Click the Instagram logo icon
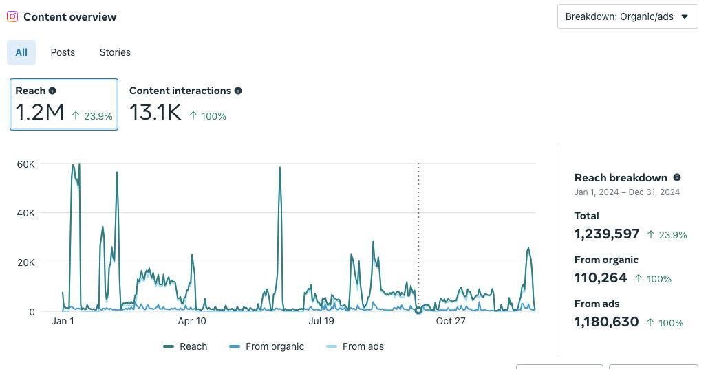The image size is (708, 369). coord(12,16)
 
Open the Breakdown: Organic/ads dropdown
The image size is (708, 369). coord(627,16)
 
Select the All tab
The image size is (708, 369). coord(21,52)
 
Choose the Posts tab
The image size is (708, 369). coord(63,52)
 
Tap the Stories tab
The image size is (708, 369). coord(115,52)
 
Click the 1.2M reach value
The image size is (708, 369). coord(40,112)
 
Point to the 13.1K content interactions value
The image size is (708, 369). coord(155,112)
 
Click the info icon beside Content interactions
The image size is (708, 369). coord(238,91)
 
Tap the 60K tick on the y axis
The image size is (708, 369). coord(26,164)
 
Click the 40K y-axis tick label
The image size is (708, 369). coord(26,213)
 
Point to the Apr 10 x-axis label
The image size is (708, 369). coord(192,321)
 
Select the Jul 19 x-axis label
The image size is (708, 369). coord(321,321)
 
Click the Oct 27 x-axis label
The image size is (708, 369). coord(451,321)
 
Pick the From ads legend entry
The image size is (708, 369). coord(355,346)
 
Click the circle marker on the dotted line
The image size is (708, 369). coord(418,311)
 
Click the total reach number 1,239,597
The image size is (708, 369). coord(607,234)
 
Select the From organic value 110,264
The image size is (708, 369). coord(601,278)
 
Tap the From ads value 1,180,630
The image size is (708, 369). coord(607,322)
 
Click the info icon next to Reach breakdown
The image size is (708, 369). coord(677,177)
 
